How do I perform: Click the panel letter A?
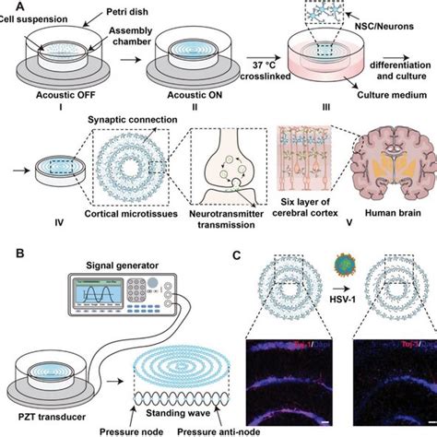click(7, 6)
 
